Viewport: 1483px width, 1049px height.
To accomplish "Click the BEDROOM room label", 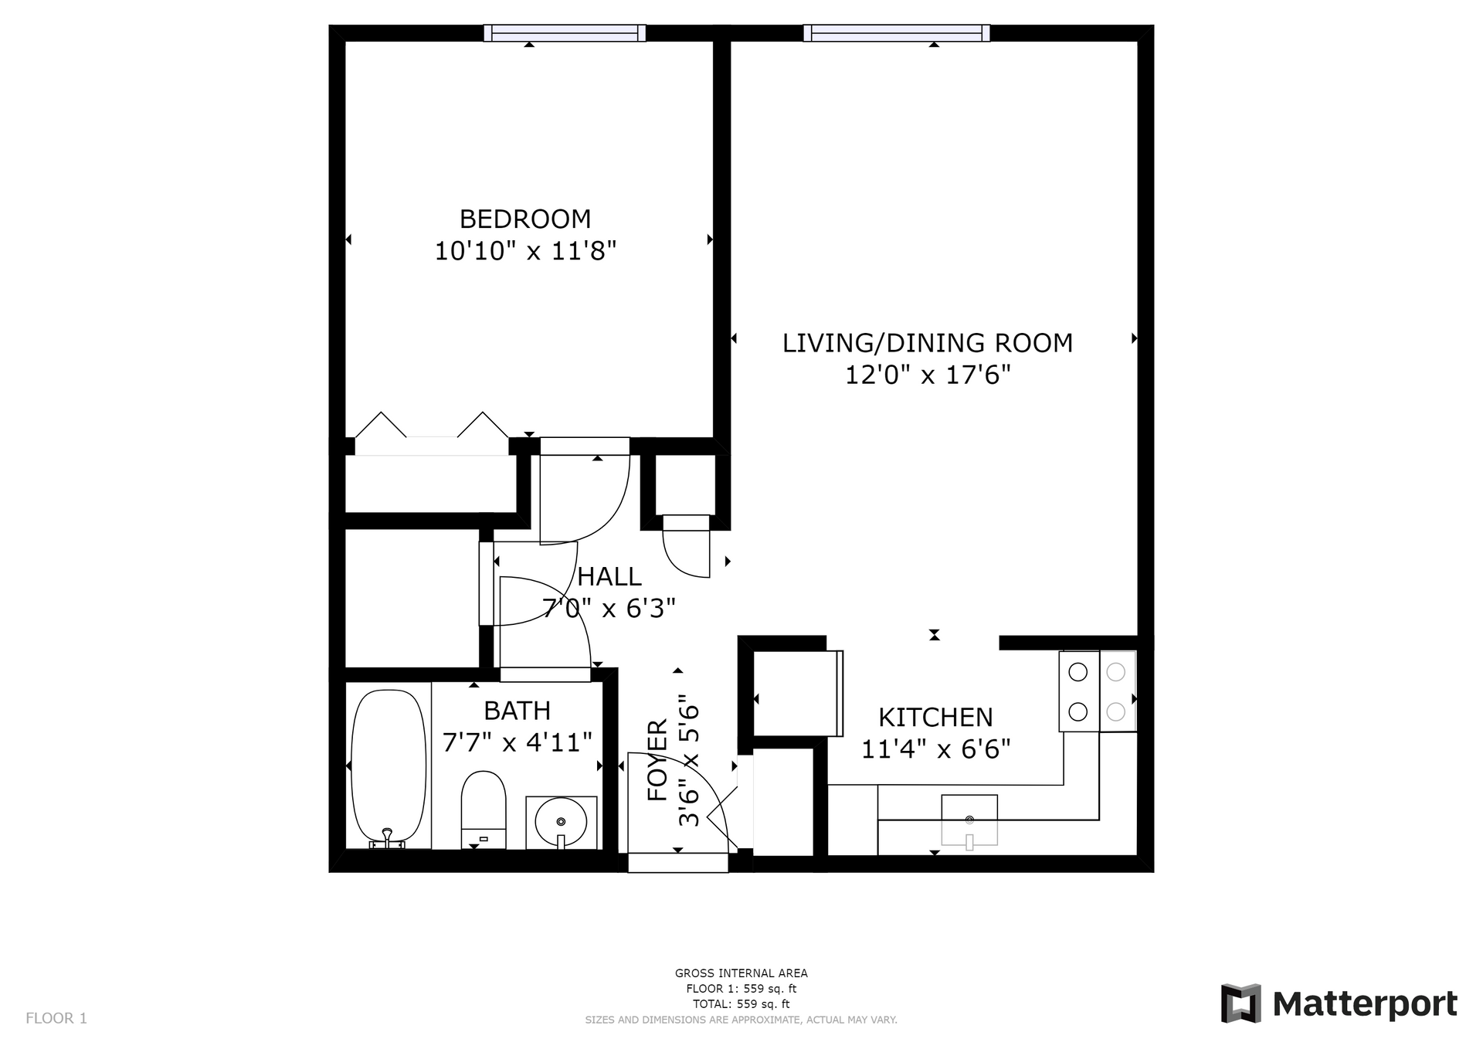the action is (x=525, y=219).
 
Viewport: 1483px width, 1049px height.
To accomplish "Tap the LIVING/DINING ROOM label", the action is (x=928, y=343).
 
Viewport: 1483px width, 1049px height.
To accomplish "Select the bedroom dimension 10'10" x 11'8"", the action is (x=525, y=251).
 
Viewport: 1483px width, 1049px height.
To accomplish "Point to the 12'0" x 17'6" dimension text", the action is (x=928, y=375).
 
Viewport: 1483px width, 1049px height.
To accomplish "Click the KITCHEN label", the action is (x=935, y=718).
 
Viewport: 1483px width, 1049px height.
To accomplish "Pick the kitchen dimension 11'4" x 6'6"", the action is (x=935, y=749).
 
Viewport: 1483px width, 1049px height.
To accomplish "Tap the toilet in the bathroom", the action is (x=484, y=810).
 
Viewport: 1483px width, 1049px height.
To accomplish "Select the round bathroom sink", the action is (x=561, y=822).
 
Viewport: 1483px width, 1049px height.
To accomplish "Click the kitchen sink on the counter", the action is (x=969, y=821).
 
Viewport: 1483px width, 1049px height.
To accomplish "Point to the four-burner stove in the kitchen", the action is (x=1098, y=691).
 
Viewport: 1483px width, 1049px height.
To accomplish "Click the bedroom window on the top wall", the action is (x=565, y=32).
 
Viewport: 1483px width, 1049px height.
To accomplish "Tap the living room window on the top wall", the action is (x=897, y=32).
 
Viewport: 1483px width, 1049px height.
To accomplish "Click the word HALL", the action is (x=609, y=577).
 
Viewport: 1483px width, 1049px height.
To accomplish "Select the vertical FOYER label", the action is (x=657, y=761).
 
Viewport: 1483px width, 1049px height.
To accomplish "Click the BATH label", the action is (x=517, y=711).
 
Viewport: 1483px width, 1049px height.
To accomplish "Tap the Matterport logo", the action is (x=1339, y=1003).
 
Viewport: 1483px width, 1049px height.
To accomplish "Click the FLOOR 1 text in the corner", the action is (x=56, y=1018).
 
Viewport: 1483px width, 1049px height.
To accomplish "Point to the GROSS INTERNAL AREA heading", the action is (x=741, y=973).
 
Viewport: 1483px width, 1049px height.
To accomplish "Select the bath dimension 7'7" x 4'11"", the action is (x=517, y=742).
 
